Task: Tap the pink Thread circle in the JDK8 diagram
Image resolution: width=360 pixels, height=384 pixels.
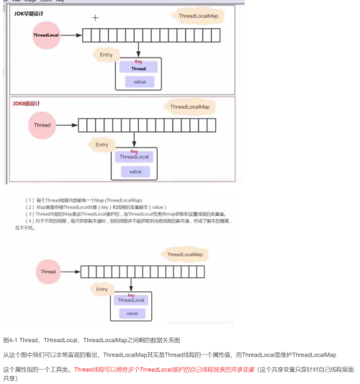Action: [42, 125]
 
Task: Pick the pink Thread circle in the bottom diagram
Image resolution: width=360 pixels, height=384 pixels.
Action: [48, 272]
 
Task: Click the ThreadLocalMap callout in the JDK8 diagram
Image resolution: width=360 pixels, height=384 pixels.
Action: [189, 107]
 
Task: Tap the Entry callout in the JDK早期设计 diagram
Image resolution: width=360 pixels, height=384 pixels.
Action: [106, 55]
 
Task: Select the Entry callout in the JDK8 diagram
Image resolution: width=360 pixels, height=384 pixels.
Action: [102, 145]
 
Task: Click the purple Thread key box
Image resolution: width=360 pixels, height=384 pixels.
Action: [138, 69]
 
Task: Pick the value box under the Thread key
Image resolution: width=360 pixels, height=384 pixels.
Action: [138, 81]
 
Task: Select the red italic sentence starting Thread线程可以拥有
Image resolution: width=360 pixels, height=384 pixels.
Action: [165, 368]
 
